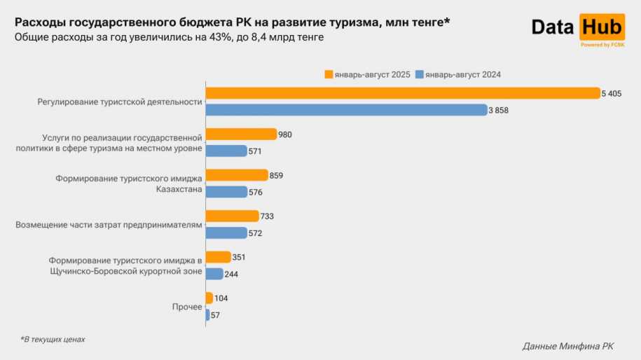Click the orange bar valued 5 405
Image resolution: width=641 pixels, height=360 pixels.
coord(402,93)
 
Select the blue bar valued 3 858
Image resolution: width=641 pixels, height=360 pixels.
coord(346,110)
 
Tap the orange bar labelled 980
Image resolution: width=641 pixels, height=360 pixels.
coord(241,134)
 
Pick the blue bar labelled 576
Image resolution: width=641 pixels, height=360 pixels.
coord(226,192)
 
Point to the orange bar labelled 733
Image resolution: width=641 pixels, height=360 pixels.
coord(232,216)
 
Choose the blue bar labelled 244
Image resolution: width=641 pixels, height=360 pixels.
coord(214,274)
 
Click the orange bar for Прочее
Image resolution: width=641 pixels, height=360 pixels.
coord(209,298)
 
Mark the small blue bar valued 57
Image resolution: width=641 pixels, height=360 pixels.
coord(207,314)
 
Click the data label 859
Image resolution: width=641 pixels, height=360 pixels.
coord(276,175)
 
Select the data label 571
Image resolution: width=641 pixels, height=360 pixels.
coord(255,151)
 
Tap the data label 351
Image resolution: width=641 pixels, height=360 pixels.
coord(239,257)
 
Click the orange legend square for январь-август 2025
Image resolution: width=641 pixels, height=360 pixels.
coord(328,74)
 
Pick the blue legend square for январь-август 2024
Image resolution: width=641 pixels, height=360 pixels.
coord(420,74)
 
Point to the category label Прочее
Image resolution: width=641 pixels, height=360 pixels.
coord(187,307)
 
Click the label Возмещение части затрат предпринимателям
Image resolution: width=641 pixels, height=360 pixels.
coord(109,225)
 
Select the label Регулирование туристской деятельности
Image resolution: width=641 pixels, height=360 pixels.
coord(119,102)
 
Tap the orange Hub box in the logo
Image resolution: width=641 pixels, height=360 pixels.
coord(602,27)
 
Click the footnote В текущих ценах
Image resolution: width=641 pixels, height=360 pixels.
coord(53,339)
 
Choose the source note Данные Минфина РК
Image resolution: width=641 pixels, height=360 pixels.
coord(568,346)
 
